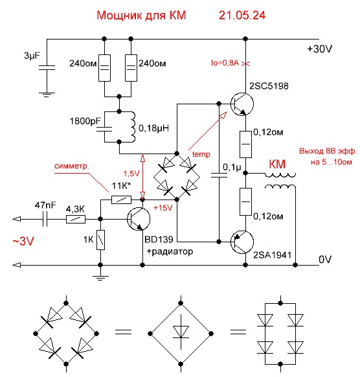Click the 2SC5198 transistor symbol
[242, 104]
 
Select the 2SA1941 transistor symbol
[242, 242]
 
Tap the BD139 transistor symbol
[139, 219]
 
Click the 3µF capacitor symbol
[47, 67]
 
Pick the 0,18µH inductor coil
[132, 127]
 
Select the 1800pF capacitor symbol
[104, 129]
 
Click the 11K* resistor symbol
[121, 200]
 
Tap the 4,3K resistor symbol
[76, 220]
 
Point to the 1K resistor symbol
[100, 240]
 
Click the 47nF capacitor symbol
[45, 219]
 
